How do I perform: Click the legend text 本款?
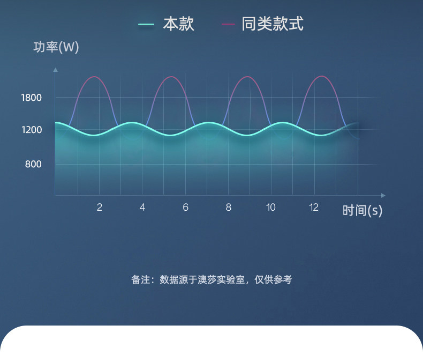tap(179, 24)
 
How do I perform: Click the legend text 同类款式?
tap(273, 24)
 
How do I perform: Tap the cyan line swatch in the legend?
tap(146, 25)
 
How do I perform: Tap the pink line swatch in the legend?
tap(228, 24)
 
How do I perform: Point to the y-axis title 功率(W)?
tap(56, 47)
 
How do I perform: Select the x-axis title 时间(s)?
tap(362, 210)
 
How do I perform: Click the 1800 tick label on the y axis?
tap(32, 98)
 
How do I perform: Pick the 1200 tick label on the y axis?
tap(32, 130)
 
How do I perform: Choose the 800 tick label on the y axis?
tap(33, 164)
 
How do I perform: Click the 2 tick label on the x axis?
tap(100, 207)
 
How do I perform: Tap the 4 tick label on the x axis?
tap(142, 207)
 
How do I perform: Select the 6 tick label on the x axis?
tap(185, 207)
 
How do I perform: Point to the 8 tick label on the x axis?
tap(229, 207)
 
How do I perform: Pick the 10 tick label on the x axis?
tap(270, 207)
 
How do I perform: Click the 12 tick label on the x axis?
tap(314, 207)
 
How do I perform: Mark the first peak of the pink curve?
tap(94, 77)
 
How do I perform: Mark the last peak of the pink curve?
tap(322, 76)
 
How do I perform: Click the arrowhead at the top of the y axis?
tap(55, 70)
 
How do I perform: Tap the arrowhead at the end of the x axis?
tap(383, 195)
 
